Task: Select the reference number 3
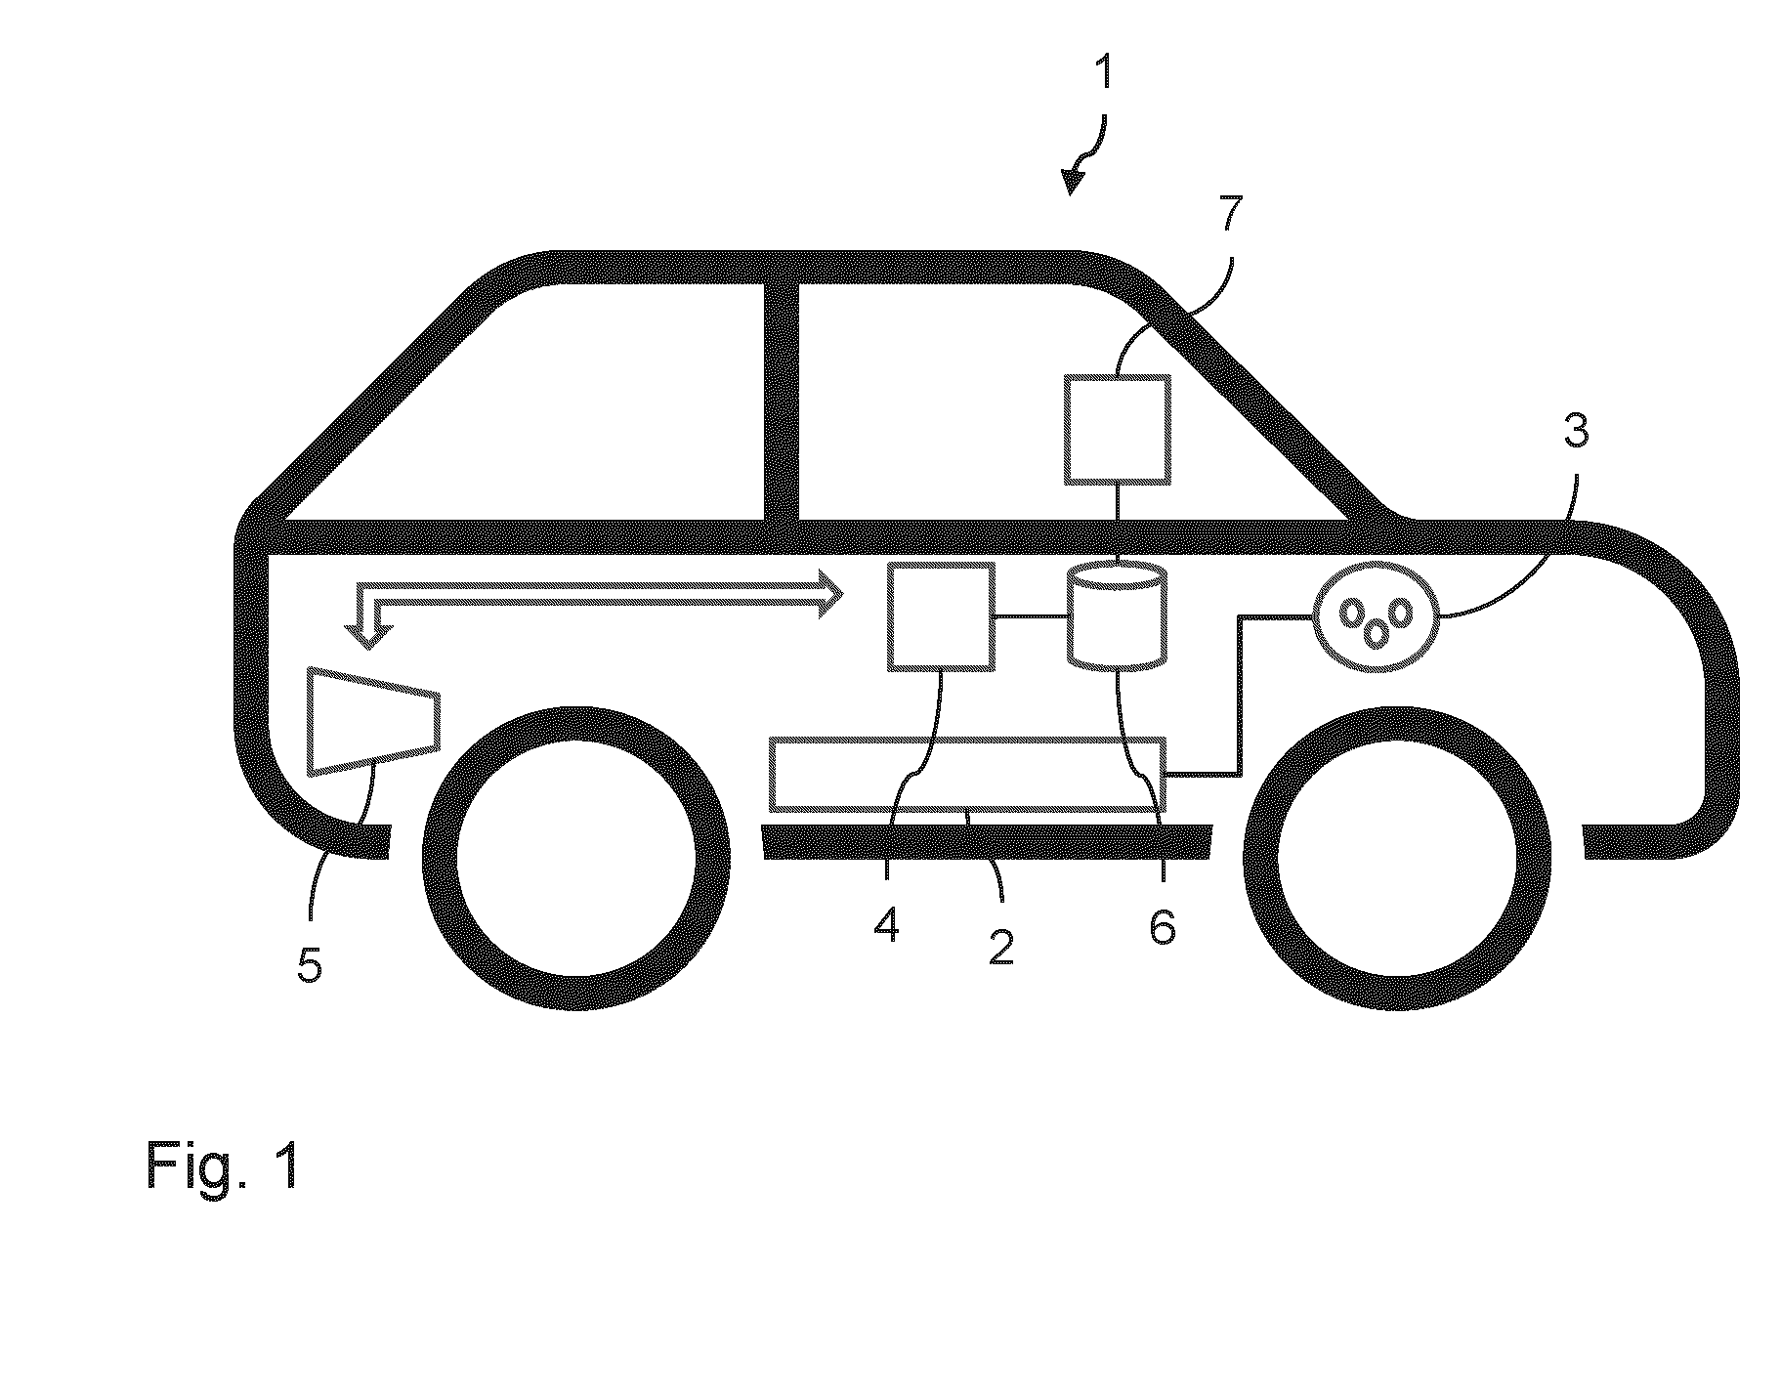tap(1575, 430)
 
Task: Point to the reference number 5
tap(310, 965)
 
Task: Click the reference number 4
tap(887, 923)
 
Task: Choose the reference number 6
tap(1162, 925)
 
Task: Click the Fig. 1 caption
tap(221, 1165)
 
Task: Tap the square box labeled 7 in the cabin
tap(1117, 429)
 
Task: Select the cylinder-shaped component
tap(1117, 616)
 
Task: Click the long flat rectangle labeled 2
tap(968, 774)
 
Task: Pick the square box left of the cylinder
tap(941, 616)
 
